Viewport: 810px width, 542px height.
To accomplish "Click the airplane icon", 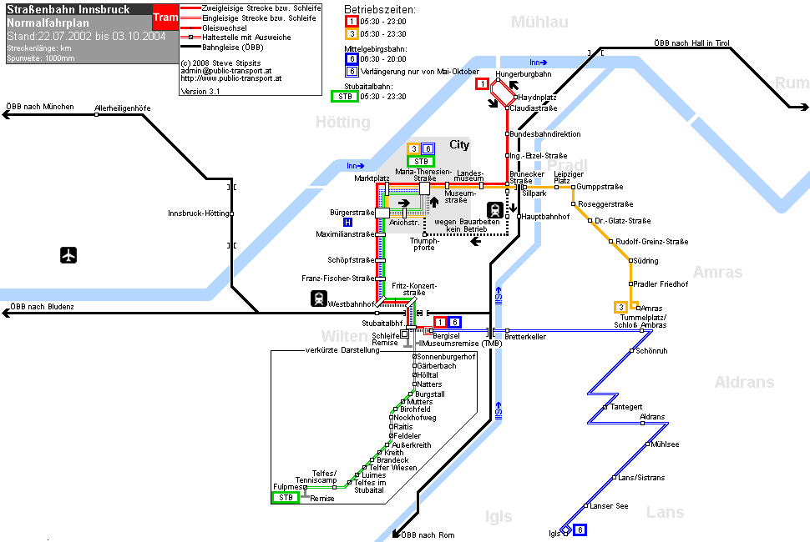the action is (x=68, y=255).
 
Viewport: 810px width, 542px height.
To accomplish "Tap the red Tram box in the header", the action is (x=165, y=18).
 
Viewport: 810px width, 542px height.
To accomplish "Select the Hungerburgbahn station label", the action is (x=524, y=74).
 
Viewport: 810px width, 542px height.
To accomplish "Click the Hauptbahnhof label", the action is (x=545, y=217).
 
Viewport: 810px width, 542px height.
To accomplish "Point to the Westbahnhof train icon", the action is (x=319, y=299).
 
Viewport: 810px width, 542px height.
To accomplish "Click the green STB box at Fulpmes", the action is (x=286, y=498).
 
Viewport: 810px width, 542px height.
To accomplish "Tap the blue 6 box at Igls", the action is (x=580, y=529).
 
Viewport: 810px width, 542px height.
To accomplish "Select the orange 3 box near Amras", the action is (x=621, y=308).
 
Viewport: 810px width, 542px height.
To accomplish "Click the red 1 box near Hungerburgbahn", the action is (x=482, y=83).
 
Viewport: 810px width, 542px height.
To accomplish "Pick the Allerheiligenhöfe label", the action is (x=123, y=108).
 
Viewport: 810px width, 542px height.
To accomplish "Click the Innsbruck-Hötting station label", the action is (x=199, y=213).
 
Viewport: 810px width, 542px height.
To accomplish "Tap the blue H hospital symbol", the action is (x=347, y=223).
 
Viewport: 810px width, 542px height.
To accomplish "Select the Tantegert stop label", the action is (x=626, y=407).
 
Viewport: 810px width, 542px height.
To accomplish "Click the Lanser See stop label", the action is (x=609, y=506).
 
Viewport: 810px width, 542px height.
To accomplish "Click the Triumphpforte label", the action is (x=424, y=244).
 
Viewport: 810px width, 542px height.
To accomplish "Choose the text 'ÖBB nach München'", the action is (x=40, y=107).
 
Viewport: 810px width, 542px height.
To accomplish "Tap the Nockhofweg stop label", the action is (x=415, y=418).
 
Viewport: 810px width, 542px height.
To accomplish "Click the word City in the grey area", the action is (x=459, y=145).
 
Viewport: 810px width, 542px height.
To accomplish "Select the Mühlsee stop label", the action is (x=665, y=444).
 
